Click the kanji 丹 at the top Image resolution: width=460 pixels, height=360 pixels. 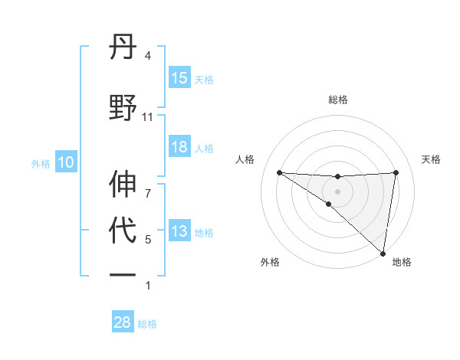tap(123, 51)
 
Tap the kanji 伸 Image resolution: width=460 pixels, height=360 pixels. tap(123, 184)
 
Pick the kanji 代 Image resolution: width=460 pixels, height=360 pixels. tap(123, 229)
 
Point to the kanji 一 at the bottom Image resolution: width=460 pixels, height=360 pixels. tap(123, 274)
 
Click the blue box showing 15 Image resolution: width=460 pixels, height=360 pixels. tap(179, 78)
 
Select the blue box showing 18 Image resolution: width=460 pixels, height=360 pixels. tap(179, 147)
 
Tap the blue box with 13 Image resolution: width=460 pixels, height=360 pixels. tap(179, 231)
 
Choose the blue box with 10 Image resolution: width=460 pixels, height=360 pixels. tap(66, 162)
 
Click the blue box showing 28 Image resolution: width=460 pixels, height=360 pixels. tap(123, 322)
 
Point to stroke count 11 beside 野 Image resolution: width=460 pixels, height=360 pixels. tap(148, 117)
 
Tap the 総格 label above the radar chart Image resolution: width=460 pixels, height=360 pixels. tap(338, 100)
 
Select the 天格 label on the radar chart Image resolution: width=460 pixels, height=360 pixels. tap(432, 159)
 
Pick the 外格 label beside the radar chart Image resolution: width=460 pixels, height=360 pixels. tap(270, 262)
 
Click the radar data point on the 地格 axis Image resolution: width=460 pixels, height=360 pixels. tap(383, 253)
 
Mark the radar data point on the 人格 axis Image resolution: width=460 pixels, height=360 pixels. tap(279, 172)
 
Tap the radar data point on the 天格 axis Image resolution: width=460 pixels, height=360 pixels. tap(396, 172)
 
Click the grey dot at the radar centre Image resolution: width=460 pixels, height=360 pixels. tap(337, 191)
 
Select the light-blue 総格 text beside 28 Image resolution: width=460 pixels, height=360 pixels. tap(147, 324)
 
